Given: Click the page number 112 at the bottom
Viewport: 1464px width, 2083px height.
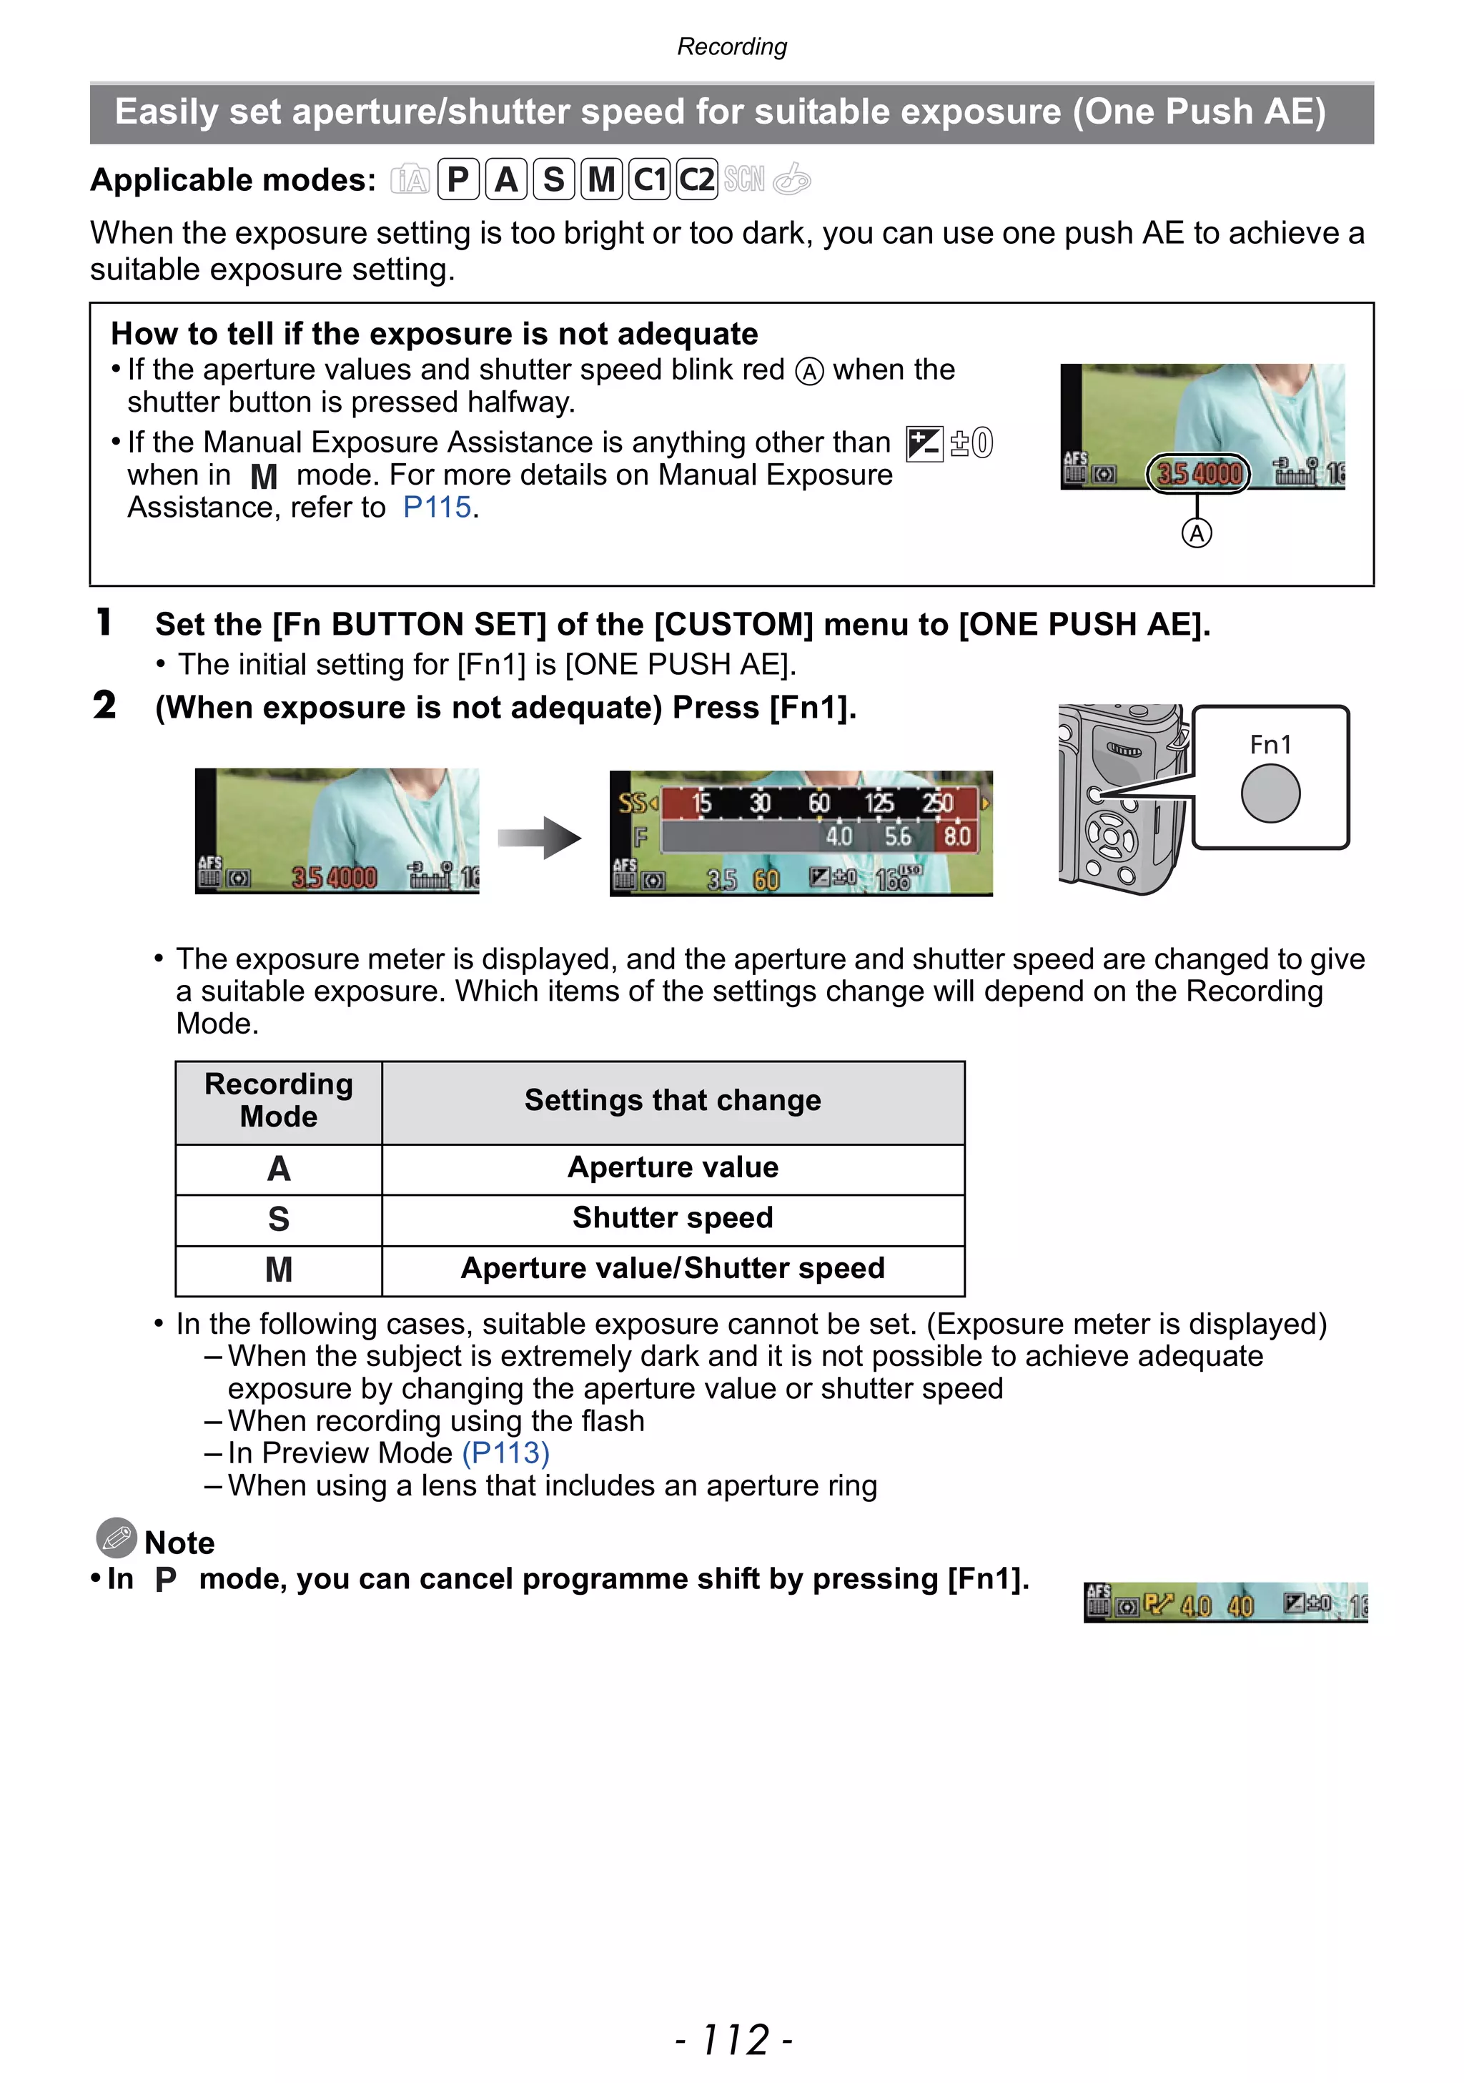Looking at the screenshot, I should pyautogui.click(x=733, y=2039).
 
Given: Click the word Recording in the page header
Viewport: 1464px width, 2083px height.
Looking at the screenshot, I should pyautogui.click(x=732, y=46).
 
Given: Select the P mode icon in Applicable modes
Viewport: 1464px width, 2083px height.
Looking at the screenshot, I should pyautogui.click(x=458, y=179).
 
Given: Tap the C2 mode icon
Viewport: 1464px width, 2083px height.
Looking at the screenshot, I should pyautogui.click(x=697, y=179).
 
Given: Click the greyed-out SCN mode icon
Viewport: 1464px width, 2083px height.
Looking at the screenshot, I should pyautogui.click(x=743, y=179).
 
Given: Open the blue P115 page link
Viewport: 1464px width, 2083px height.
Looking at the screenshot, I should pyautogui.click(x=437, y=507).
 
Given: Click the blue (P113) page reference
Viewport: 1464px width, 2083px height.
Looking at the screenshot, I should pyautogui.click(x=505, y=1453).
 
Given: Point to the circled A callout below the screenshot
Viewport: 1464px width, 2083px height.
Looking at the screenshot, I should pyautogui.click(x=1197, y=533).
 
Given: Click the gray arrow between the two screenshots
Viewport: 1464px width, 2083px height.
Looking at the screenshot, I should pyautogui.click(x=540, y=837).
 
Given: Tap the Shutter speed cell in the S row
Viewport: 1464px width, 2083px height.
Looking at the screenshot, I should pyautogui.click(x=672, y=1217).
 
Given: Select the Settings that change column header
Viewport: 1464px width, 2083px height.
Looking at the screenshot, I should pyautogui.click(x=672, y=1100).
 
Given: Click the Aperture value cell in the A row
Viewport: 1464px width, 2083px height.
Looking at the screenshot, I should pyautogui.click(x=672, y=1167).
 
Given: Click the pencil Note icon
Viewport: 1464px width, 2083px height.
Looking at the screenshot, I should pyautogui.click(x=116, y=1538).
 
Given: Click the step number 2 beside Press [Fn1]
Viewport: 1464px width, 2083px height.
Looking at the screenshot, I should pyautogui.click(x=104, y=705).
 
